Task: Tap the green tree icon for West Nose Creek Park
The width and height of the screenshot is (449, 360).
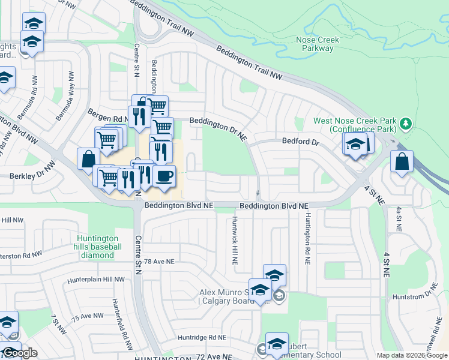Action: [x=406, y=124]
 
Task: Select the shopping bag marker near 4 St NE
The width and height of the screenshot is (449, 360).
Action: [x=401, y=161]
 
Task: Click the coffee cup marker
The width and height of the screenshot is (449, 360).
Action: [x=163, y=176]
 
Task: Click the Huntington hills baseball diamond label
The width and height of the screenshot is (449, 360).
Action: [x=98, y=247]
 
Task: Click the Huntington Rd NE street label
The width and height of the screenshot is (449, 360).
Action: [x=307, y=239]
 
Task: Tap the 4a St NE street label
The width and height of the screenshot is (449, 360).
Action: [x=398, y=220]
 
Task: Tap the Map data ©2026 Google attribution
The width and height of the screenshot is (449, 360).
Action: [x=412, y=355]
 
